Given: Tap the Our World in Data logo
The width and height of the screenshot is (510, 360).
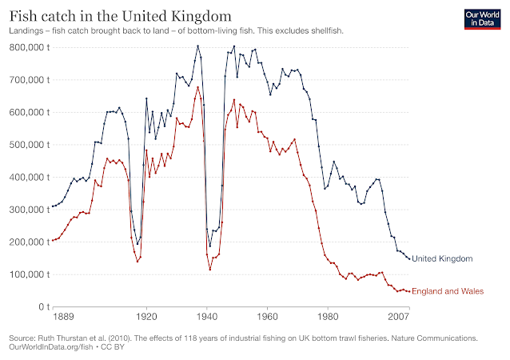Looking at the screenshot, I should pos(483,19).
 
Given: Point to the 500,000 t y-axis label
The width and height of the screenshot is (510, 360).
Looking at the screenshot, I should pos(27,145).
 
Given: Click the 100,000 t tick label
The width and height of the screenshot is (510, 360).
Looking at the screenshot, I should pos(27,274).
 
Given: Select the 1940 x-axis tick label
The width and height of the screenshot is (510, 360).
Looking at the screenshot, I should pos(207,318).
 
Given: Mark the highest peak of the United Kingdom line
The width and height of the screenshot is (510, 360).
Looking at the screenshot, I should pos(198,46).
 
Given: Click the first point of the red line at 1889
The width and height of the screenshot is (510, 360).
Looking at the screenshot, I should pos(53,241).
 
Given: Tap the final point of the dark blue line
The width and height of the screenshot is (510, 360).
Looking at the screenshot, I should pos(409,258).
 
